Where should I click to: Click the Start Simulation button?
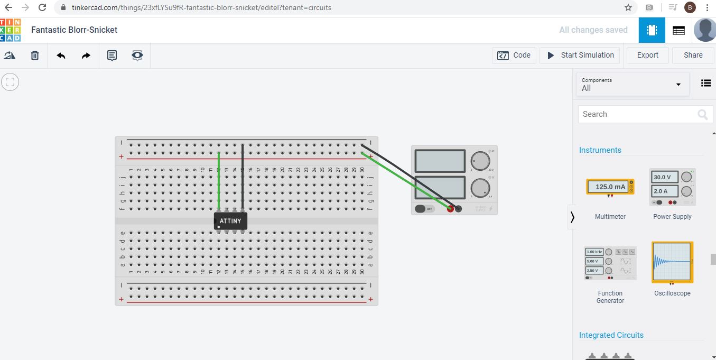(580, 56)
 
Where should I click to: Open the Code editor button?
(514, 56)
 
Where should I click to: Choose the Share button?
(693, 56)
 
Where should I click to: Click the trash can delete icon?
(35, 56)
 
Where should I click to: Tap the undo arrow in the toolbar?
(61, 56)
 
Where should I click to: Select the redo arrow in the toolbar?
(86, 56)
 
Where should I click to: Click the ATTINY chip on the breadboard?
(230, 221)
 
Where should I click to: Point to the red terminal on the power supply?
(450, 209)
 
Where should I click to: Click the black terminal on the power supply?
(459, 209)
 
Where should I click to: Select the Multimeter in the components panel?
(610, 187)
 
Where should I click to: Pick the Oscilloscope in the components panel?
(672, 262)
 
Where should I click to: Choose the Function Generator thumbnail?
(610, 263)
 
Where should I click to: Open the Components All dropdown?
(632, 85)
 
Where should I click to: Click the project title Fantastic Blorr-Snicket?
(75, 30)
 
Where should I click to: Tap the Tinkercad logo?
(11, 30)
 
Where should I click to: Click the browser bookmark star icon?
(628, 8)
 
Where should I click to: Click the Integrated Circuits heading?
(611, 335)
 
